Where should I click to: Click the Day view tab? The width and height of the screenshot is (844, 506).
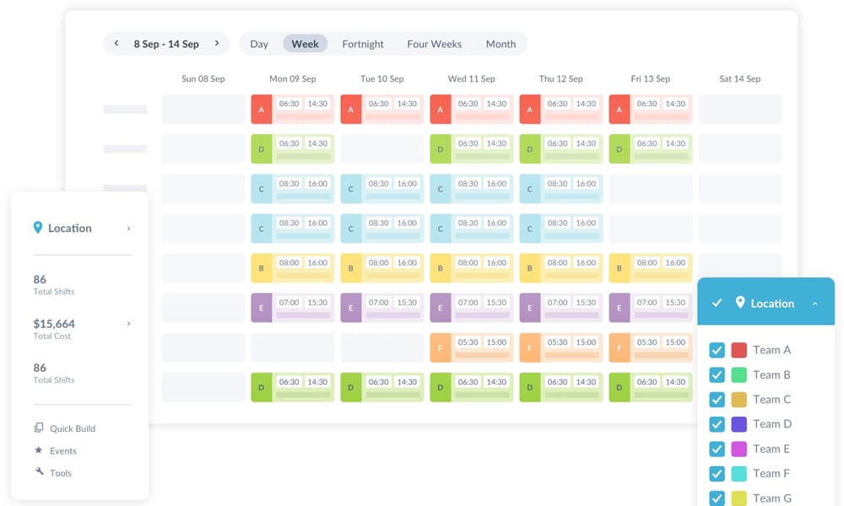coord(259,44)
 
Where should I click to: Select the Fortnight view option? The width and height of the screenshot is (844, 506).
coord(363,44)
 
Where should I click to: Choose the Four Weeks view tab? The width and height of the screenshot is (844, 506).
coord(434,44)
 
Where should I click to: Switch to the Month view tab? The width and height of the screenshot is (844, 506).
coord(500,44)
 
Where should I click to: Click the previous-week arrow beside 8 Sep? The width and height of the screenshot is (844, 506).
coord(116,44)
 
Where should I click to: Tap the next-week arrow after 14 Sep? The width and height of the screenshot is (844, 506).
coord(217,44)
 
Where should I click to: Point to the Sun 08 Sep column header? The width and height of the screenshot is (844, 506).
coord(203,78)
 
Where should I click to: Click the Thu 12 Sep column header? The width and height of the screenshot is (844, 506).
coord(560,78)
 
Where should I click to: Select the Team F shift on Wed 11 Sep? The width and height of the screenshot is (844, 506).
coord(471,347)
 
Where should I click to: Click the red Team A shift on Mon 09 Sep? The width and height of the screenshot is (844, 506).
coord(292,109)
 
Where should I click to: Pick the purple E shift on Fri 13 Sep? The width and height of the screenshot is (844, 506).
coord(650,308)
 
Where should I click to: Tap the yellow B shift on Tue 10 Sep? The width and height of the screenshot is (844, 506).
coord(381,268)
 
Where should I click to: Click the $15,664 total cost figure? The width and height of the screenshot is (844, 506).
coord(54,324)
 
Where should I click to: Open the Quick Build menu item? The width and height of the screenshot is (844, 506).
coord(73,428)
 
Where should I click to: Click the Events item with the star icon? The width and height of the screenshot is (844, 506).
coord(62,451)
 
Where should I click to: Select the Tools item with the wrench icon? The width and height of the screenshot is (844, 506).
coord(60,473)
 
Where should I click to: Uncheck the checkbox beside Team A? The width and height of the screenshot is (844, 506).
coord(717,350)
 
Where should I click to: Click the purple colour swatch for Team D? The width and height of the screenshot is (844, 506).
coord(738,424)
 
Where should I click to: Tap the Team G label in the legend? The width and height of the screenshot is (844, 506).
coord(772,498)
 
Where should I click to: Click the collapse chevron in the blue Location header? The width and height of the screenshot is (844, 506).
coord(814,304)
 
